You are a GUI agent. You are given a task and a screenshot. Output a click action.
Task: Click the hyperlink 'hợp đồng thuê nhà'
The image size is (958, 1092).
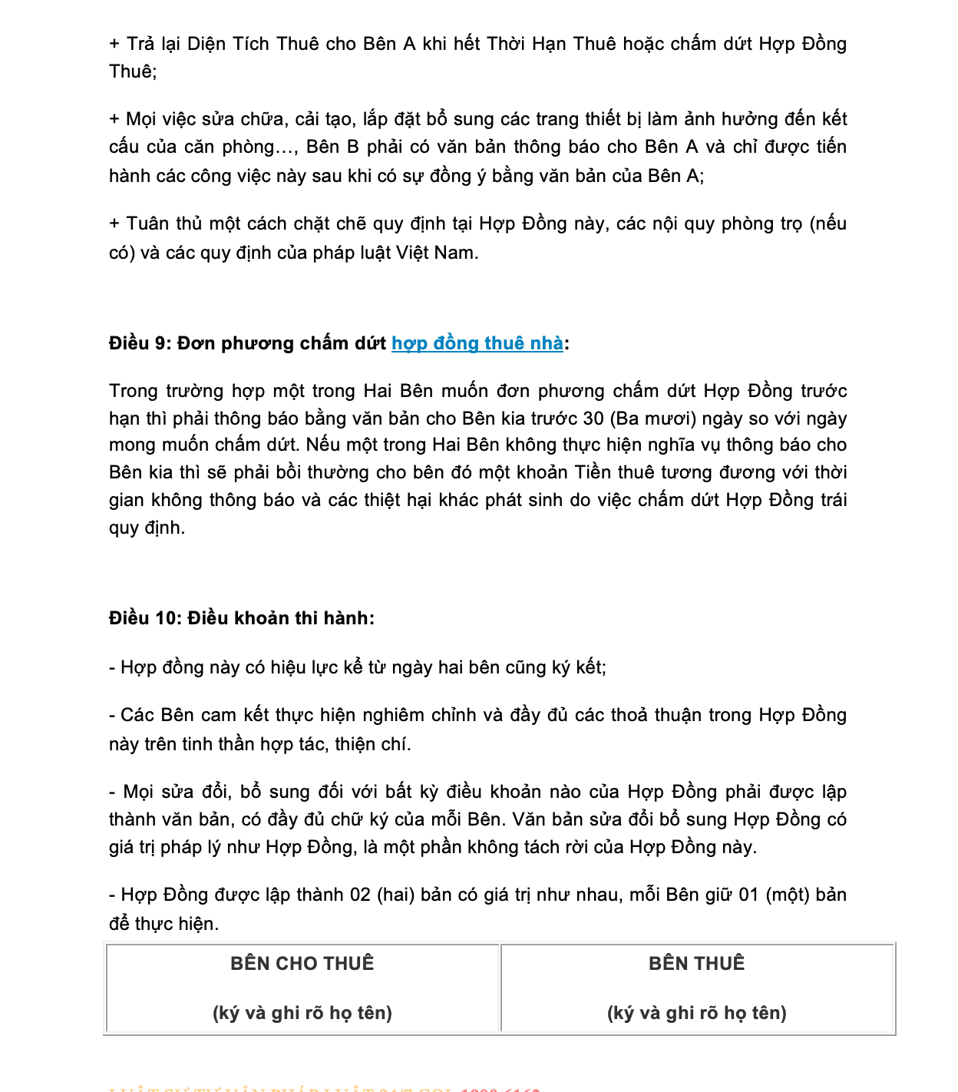(x=477, y=343)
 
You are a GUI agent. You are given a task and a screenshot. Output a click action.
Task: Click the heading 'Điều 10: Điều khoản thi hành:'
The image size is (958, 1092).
(x=242, y=618)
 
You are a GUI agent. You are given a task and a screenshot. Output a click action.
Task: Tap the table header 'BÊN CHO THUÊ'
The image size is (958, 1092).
(x=302, y=964)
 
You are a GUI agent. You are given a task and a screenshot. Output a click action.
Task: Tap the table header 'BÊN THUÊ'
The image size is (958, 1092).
(x=697, y=964)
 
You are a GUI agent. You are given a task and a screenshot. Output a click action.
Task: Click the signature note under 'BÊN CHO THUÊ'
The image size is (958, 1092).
(x=302, y=1013)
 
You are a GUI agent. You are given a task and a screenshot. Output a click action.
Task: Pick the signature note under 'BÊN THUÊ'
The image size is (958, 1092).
(x=697, y=1013)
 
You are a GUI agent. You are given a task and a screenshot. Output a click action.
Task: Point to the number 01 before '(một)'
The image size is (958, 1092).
(x=748, y=895)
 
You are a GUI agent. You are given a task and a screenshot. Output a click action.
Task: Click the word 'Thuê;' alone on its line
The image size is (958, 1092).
(x=133, y=71)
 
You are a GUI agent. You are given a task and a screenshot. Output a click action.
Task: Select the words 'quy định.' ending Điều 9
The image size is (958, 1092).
(x=147, y=528)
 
